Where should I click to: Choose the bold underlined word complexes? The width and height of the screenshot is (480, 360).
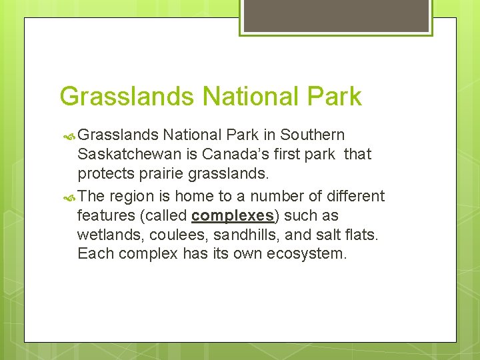coord(233,216)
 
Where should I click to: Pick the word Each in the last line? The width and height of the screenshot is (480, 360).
coord(93,254)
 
